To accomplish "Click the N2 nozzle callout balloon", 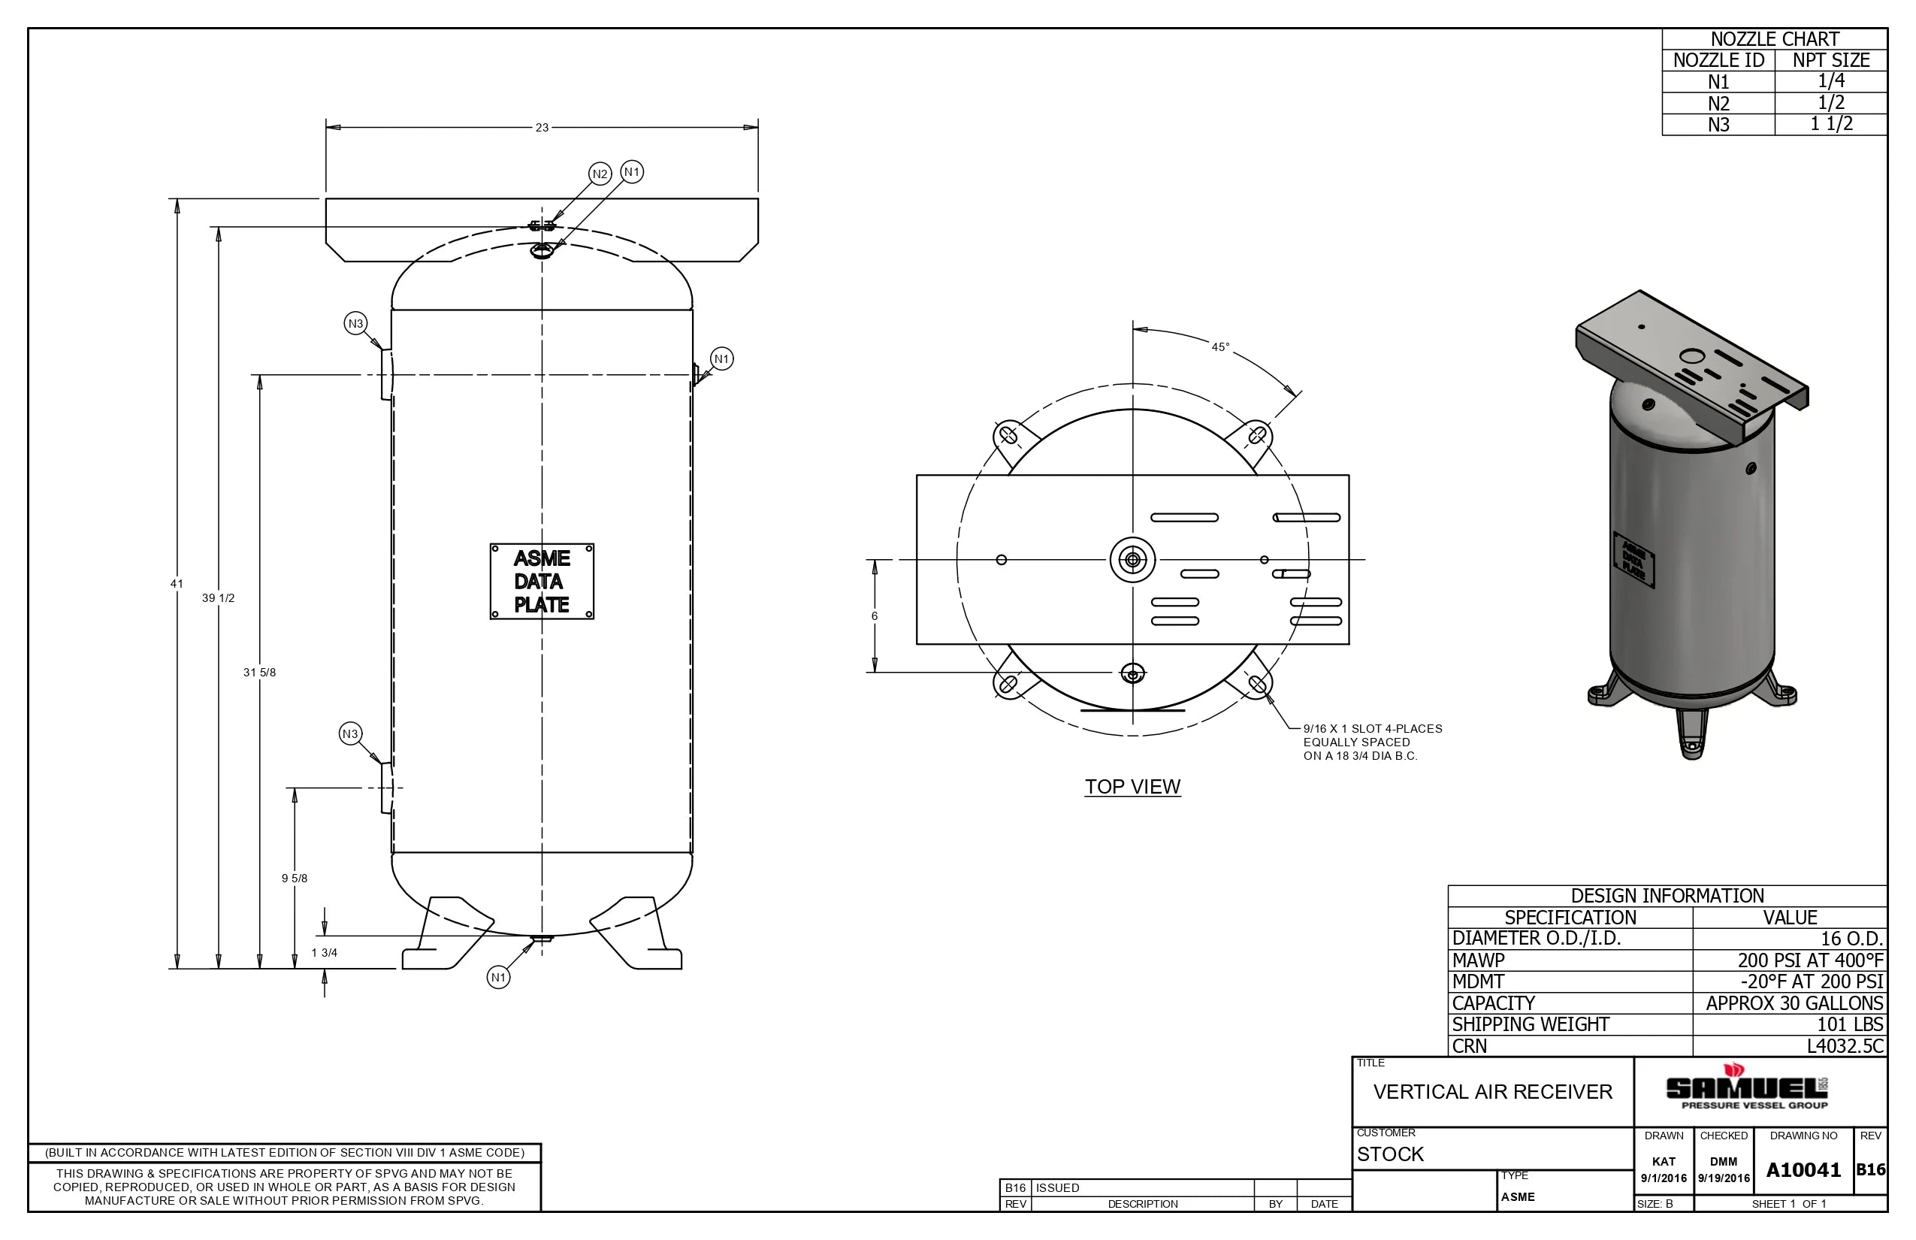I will pyautogui.click(x=600, y=174).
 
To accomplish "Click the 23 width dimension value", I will pyautogui.click(x=542, y=127).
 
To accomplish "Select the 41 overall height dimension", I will pyautogui.click(x=177, y=584).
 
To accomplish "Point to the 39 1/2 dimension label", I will pyautogui.click(x=218, y=598).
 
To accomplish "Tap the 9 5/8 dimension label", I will pyautogui.click(x=294, y=879).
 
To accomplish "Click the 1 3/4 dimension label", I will pyautogui.click(x=325, y=953).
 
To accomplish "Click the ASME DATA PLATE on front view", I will pyautogui.click(x=542, y=582).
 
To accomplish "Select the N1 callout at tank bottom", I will pyautogui.click(x=498, y=978).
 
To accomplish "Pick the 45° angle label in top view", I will pyautogui.click(x=1220, y=347).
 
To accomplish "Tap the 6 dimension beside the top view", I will pyautogui.click(x=875, y=616).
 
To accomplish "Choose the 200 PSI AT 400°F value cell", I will pyautogui.click(x=1810, y=960).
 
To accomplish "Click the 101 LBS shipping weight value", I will pyautogui.click(x=1849, y=1024).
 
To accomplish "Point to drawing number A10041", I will pyautogui.click(x=1803, y=1170).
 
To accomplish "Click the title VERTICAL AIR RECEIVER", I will pyautogui.click(x=1492, y=1092).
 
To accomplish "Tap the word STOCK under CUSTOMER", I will pyautogui.click(x=1390, y=1154).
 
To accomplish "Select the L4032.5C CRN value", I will pyautogui.click(x=1845, y=1046).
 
